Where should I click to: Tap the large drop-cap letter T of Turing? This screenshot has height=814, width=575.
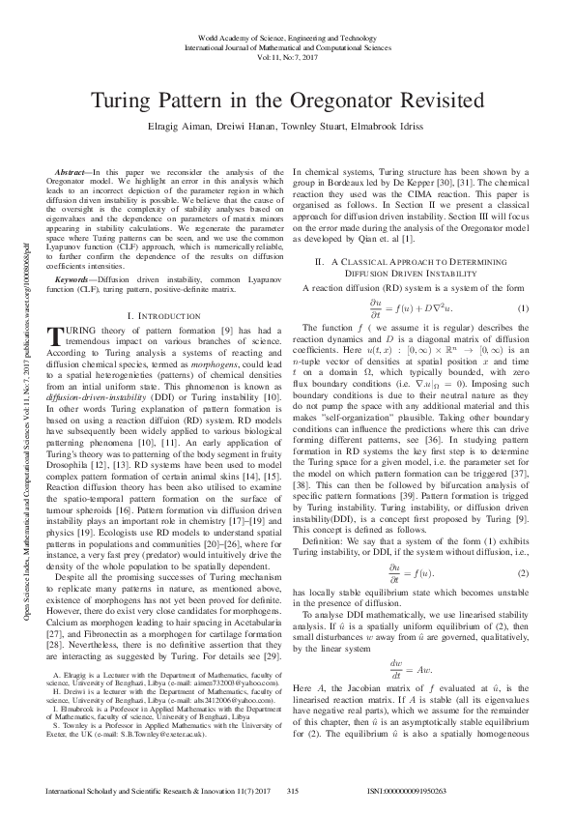pos(54,336)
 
